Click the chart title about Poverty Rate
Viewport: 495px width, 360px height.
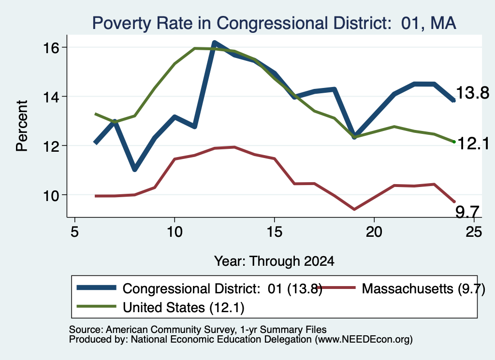274,23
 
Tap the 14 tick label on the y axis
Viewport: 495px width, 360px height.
51,97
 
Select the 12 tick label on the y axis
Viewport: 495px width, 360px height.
51,146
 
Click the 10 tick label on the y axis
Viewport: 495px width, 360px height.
51,195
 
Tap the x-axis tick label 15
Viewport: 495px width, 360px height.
275,232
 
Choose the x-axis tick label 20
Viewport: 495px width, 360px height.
374,232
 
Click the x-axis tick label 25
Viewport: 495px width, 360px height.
474,232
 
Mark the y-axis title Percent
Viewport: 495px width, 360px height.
22,126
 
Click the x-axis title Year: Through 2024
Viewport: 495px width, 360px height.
274,261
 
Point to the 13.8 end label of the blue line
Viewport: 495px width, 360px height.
473,93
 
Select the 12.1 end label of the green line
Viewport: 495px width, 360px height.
473,144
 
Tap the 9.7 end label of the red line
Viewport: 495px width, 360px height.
467,212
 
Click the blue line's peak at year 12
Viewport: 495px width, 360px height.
214,43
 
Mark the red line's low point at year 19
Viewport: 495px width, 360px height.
354,209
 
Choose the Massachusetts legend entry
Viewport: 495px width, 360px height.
401,288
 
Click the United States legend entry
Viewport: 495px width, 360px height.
160,307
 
